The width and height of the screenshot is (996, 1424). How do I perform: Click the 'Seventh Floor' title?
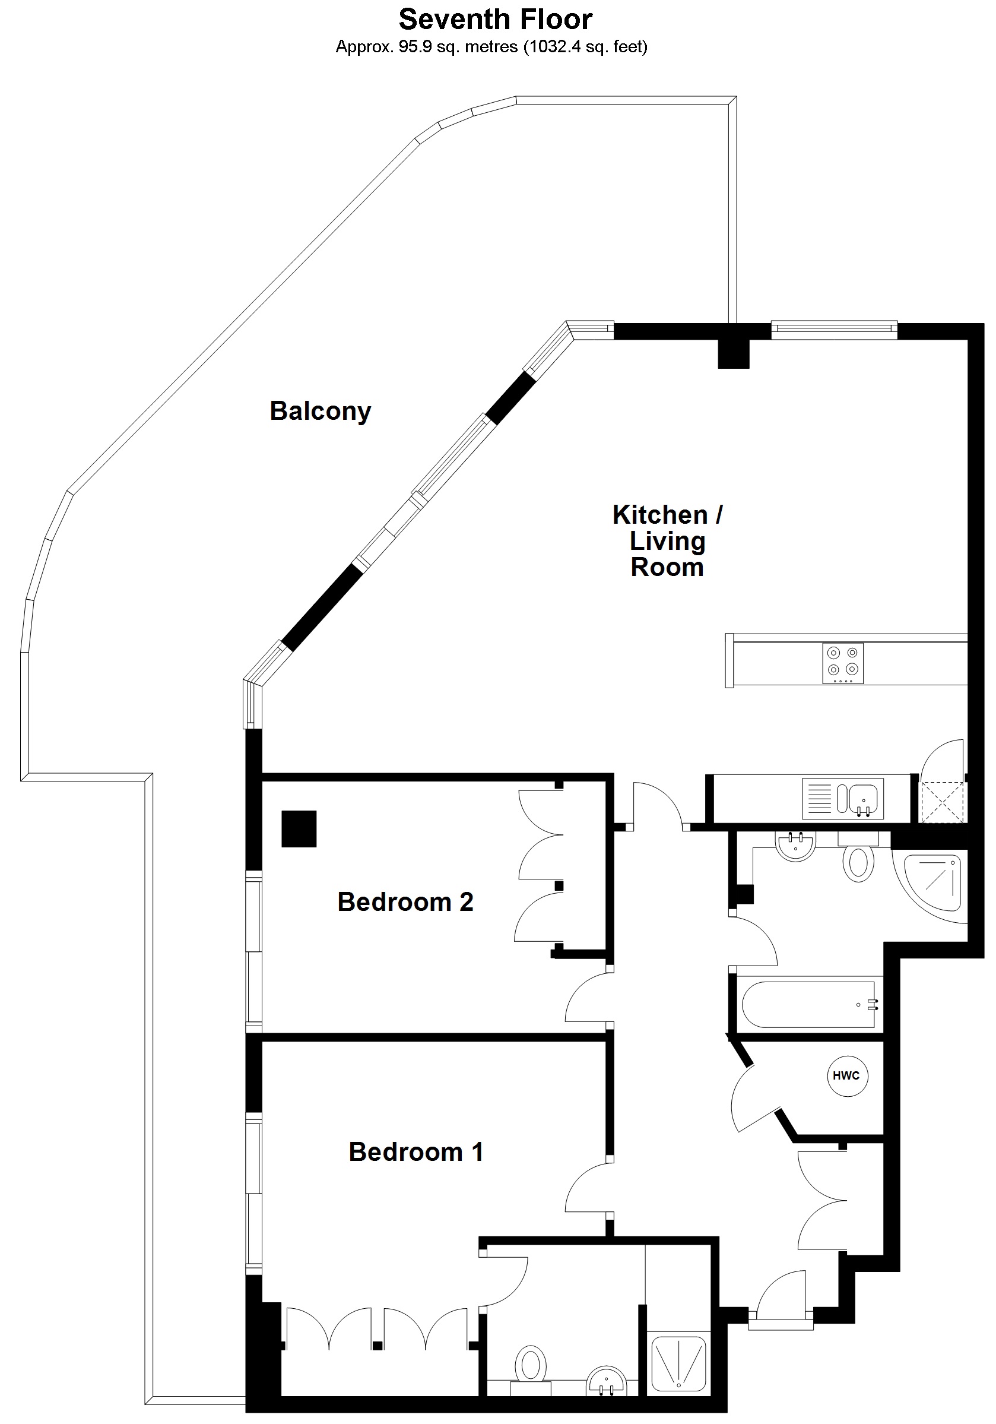pos(495,20)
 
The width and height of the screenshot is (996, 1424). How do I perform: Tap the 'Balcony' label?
pos(320,411)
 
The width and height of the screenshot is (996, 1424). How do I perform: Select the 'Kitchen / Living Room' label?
pos(667,541)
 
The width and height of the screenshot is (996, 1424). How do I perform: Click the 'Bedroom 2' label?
pos(405,902)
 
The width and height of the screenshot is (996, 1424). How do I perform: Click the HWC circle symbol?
pos(846,1075)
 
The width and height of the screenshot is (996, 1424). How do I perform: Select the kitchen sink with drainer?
pos(843,798)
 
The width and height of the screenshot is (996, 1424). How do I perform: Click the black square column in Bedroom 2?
pos(299,828)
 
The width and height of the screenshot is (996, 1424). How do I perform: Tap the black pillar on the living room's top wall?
pos(733,353)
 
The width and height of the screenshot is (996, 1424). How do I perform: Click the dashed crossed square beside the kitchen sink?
pos(942,802)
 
